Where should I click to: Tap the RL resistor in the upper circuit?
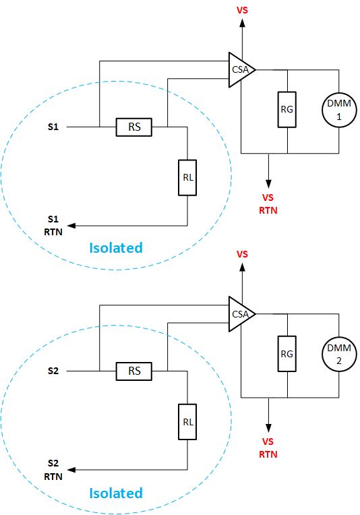(x=187, y=177)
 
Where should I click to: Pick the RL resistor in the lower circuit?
(x=187, y=422)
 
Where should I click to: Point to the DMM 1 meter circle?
(x=337, y=109)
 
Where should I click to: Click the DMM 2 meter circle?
(x=337, y=353)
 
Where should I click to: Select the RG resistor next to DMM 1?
(x=288, y=109)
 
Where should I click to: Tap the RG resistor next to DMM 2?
(x=288, y=353)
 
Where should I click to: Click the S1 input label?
(x=54, y=127)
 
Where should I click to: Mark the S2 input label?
(x=54, y=371)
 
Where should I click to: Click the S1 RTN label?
(x=53, y=225)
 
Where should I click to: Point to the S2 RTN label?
(x=53, y=469)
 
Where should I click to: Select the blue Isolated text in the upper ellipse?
(x=116, y=248)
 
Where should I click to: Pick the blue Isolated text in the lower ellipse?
(x=116, y=493)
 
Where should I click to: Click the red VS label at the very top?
(x=242, y=10)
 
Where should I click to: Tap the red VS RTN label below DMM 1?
(x=268, y=204)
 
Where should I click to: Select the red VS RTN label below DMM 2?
(x=268, y=448)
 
